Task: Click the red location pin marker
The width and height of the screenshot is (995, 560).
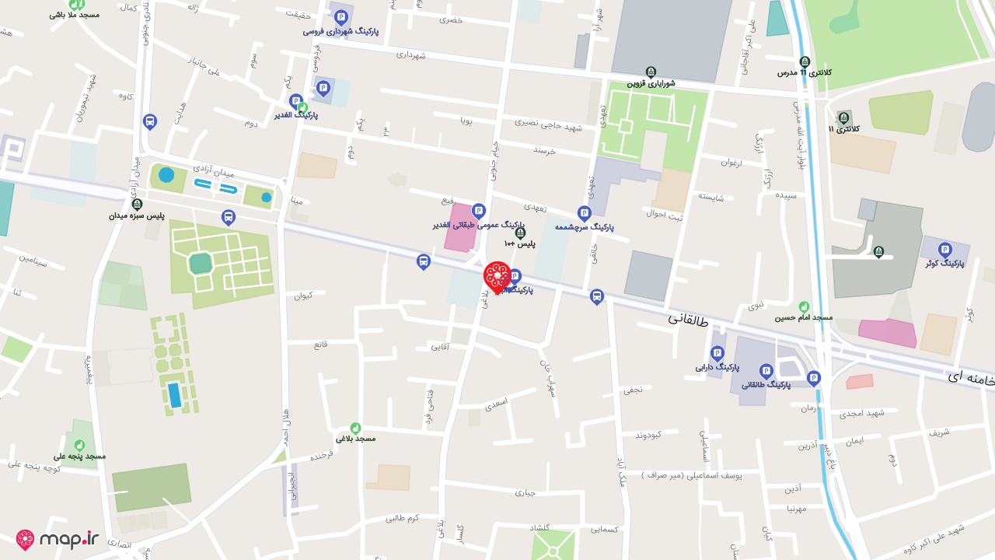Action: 497,277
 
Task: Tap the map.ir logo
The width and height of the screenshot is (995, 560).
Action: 58,539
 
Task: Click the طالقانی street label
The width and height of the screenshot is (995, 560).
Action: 688,319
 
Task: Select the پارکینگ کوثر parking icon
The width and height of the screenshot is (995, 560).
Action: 944,250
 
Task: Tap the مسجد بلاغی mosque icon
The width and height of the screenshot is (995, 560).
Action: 355,428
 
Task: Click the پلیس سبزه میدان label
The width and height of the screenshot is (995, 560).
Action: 137,215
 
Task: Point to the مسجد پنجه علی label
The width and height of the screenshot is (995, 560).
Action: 79,456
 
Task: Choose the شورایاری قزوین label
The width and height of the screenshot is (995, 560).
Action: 651,83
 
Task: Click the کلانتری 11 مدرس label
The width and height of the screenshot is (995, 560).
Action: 805,72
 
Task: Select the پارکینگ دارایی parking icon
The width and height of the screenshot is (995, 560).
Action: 717,352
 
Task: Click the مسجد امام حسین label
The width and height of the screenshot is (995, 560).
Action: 803,317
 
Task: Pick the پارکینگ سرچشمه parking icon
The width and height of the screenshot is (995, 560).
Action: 584,213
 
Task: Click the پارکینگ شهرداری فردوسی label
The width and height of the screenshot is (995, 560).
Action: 340,31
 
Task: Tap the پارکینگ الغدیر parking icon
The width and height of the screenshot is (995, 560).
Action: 295,101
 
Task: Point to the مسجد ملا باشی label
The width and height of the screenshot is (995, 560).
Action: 74,15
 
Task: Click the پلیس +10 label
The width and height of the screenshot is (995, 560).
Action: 520,244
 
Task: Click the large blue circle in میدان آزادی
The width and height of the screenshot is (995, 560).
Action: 166,175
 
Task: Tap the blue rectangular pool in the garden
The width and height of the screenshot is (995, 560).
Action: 174,395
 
